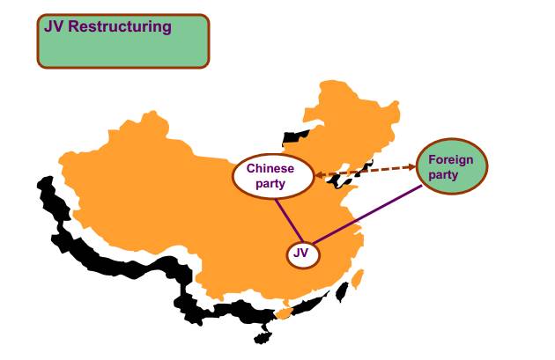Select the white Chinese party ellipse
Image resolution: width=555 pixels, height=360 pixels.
[274, 175]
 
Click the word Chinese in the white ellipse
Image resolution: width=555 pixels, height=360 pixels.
[270, 167]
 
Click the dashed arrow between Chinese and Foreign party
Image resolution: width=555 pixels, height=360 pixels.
[366, 170]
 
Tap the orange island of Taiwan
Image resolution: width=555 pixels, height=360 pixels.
[357, 281]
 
